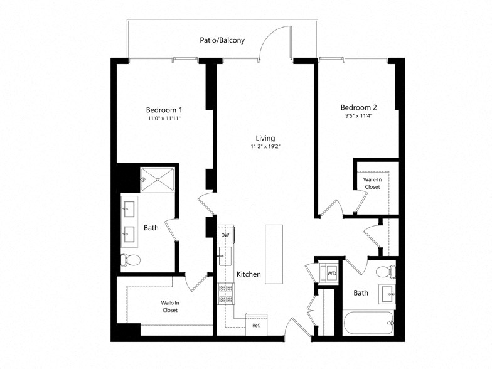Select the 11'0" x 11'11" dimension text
pyautogui.click(x=164, y=118)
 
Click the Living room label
pyautogui.click(x=265, y=138)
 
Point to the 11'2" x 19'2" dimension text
pyautogui.click(x=265, y=148)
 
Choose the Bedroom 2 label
pyautogui.click(x=358, y=107)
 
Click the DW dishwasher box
pyautogui.click(x=225, y=235)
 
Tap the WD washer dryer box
pyautogui.click(x=330, y=274)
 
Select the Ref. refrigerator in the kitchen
pyautogui.click(x=256, y=324)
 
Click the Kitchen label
pyautogui.click(x=249, y=274)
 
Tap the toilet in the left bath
pyautogui.click(x=131, y=259)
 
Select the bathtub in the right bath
pyautogui.click(x=370, y=324)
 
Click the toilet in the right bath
pyautogui.click(x=387, y=272)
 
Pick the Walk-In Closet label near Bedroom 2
pyautogui.click(x=372, y=183)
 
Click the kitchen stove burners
pyautogui.click(x=225, y=292)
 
